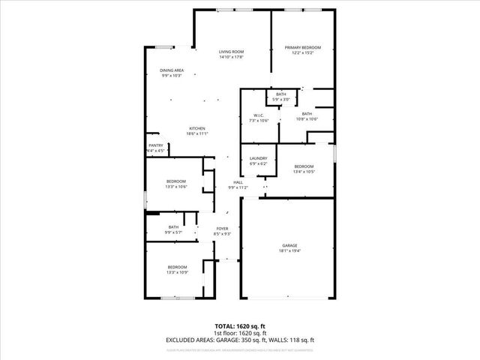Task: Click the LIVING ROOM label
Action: click(231, 51)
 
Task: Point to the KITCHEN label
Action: click(197, 128)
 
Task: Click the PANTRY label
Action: click(156, 145)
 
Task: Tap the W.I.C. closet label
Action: click(258, 115)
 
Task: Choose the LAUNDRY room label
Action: click(259, 157)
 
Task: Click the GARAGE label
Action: click(289, 245)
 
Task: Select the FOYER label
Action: click(222, 228)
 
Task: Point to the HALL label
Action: click(238, 182)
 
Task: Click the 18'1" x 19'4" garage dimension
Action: click(289, 251)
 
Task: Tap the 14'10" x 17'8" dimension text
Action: click(231, 57)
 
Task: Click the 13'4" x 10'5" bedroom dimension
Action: click(304, 172)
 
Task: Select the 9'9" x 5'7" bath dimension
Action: click(173, 232)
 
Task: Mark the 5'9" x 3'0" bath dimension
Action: click(280, 99)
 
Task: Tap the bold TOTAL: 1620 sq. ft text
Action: click(240, 327)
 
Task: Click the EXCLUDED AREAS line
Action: click(240, 340)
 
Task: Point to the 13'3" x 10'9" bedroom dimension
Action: click(177, 273)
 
